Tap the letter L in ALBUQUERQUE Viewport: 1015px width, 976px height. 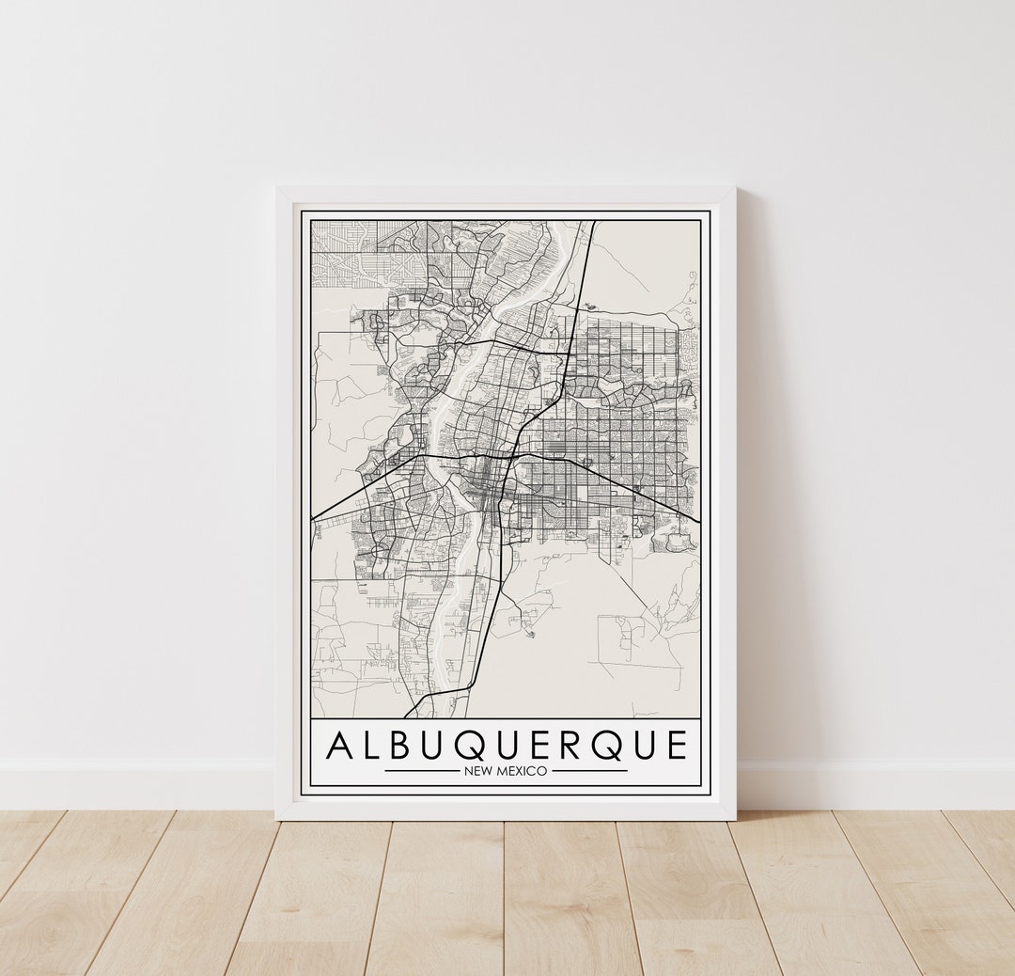371,746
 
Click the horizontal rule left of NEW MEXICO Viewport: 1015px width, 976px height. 421,771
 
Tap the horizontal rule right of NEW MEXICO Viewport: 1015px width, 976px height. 589,771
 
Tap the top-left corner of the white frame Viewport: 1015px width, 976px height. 277,188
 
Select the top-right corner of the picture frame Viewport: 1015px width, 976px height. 734,188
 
